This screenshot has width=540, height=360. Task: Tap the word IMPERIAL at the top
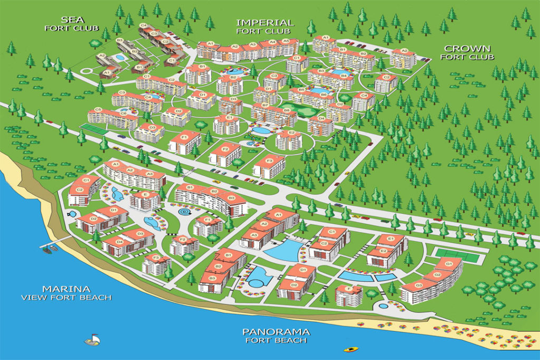point(264,23)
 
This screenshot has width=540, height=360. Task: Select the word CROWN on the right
point(467,48)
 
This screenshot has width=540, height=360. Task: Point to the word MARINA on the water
point(66,289)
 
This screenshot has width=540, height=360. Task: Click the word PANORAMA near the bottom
point(276,332)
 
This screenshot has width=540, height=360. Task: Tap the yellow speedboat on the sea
point(350,349)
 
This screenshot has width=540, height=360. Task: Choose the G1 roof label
point(449,264)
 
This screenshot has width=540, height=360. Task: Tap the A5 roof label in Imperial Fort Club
point(286,41)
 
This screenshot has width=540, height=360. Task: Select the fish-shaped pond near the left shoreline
point(72,213)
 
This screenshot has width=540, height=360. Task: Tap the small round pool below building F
point(383,306)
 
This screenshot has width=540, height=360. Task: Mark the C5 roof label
point(97,110)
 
